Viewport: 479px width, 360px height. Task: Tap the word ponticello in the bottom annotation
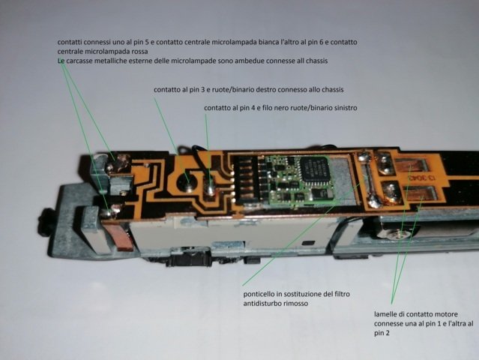[259, 294]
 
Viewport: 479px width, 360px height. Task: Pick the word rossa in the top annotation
[139, 51]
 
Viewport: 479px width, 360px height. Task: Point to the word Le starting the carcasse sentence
[61, 61]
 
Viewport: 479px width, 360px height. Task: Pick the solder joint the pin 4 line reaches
[210, 187]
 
